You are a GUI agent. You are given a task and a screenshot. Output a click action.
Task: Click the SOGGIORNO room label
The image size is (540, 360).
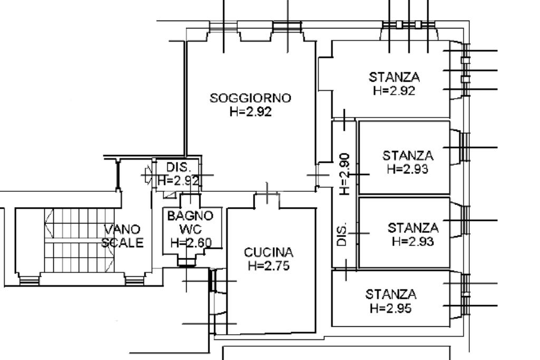(250, 98)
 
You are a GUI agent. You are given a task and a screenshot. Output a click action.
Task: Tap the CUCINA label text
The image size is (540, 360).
(269, 252)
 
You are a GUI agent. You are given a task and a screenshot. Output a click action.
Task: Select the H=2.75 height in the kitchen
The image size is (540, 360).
(269, 266)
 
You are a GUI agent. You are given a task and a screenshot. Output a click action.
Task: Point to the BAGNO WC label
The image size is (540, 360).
(190, 222)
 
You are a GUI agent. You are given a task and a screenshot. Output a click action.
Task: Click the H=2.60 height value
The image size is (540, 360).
(191, 243)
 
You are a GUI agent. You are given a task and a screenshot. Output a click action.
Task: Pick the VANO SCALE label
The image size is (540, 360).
(122, 236)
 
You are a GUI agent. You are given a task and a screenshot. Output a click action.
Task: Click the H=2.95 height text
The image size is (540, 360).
(391, 308)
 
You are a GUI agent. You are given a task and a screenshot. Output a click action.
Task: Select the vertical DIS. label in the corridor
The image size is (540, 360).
(342, 234)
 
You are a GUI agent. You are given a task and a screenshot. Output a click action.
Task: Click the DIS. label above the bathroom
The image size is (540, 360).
(178, 168)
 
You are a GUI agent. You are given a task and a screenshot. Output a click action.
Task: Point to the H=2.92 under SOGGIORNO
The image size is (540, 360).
(251, 112)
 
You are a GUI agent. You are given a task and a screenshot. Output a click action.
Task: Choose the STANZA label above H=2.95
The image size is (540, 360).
(391, 294)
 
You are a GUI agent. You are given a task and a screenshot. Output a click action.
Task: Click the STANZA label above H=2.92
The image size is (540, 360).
(394, 77)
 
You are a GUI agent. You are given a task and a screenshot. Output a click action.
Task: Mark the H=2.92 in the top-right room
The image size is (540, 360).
(394, 90)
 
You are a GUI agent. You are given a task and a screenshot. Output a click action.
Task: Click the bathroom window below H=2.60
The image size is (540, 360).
(187, 261)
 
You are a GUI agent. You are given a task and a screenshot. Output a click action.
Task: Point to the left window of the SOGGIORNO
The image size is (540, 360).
(224, 26)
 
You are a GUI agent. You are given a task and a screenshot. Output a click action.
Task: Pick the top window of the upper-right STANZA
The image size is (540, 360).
(409, 25)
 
